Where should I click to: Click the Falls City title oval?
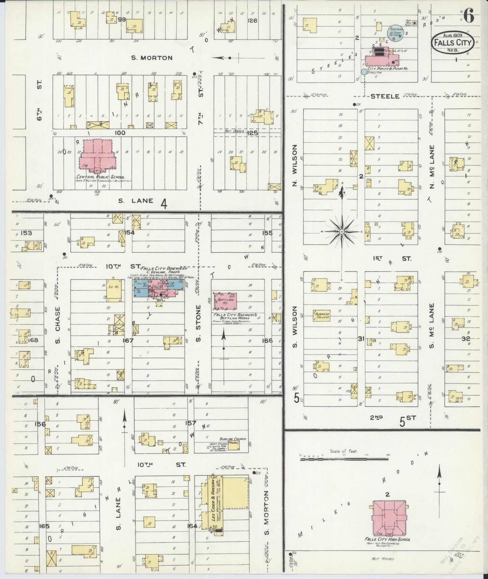452,42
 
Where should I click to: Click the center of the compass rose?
341,232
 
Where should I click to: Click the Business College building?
321,315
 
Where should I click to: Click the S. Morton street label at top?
152,58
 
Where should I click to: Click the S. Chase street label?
58,325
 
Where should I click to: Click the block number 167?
128,341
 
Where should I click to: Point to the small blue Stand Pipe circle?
363,72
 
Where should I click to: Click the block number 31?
361,339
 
